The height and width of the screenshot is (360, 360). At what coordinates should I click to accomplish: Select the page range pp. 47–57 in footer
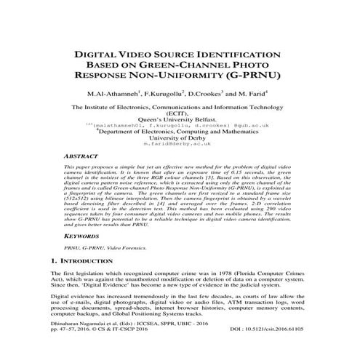(81, 349)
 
